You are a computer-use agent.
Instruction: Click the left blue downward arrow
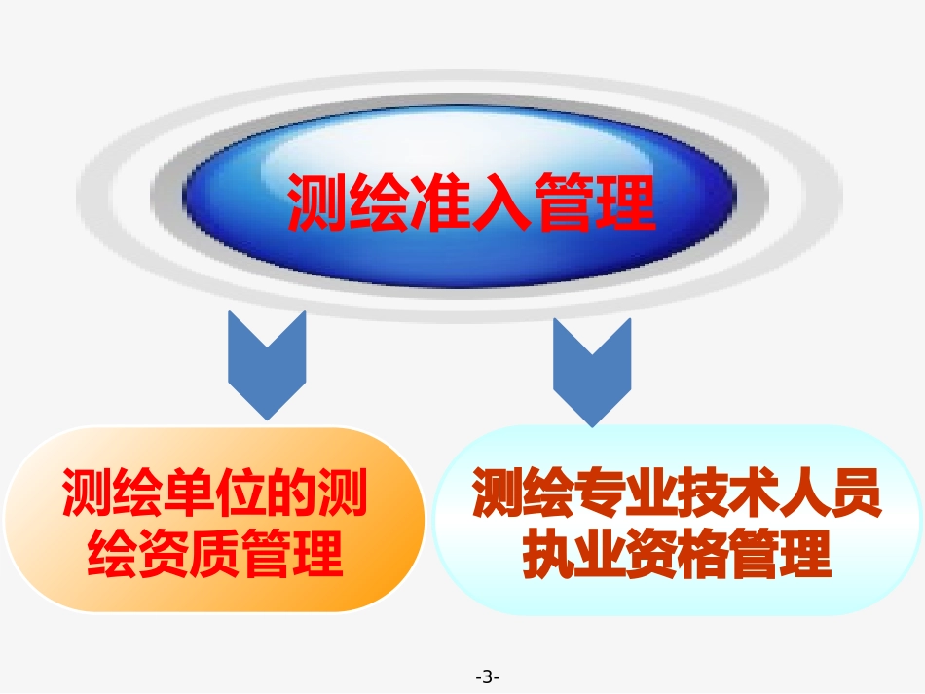point(267,363)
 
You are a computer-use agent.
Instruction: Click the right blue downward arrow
point(592,371)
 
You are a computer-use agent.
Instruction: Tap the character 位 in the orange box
point(240,493)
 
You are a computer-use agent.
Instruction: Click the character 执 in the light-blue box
point(548,554)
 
